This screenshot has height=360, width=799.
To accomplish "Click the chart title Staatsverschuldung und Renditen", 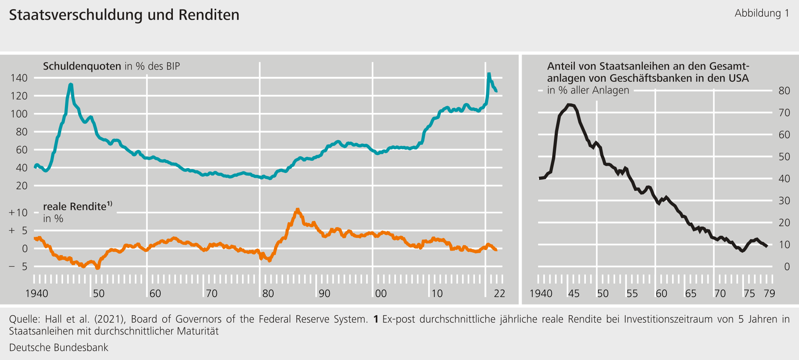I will pos(124,15).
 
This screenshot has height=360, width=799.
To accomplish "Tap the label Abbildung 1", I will pos(761,13).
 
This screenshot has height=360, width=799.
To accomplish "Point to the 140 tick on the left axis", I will pos(19,78).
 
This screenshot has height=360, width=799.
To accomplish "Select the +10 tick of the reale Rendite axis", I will pos(18,213).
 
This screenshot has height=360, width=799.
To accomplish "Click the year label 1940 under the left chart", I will pos(36,293).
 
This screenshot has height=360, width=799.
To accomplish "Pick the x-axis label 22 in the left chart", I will pos(499,293).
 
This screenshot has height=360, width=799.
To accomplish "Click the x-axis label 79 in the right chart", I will pos(769,293).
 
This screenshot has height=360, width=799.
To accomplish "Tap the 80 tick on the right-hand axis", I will pos(784,91).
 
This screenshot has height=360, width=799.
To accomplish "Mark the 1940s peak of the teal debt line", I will pos(71,84).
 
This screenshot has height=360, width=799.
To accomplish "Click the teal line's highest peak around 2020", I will pos(489,74).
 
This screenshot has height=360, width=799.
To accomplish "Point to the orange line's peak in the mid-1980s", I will pos(297,209).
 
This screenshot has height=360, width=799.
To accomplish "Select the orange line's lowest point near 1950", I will pos(97,268).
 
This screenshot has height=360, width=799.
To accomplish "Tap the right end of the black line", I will pos(767,246).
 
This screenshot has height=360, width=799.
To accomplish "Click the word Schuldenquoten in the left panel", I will pos(82,66).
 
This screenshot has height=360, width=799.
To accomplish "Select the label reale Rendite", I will pos(74,206).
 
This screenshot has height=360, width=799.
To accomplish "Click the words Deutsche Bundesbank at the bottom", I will pos(59,347).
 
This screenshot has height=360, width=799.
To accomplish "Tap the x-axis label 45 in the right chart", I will pos(573,293).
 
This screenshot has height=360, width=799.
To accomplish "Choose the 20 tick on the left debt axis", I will pos(22,186).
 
